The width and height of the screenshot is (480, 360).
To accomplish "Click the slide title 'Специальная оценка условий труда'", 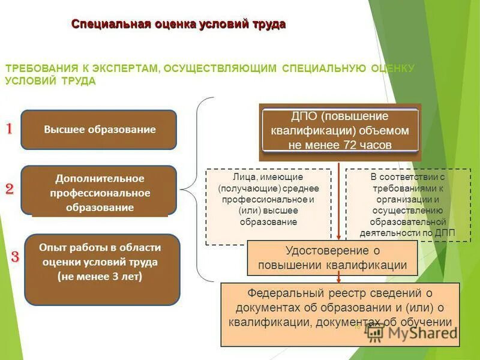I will pyautogui.click(x=178, y=24).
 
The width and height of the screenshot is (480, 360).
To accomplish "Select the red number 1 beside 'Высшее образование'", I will pyautogui.click(x=10, y=129).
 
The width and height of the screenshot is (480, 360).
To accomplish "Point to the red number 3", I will pyautogui.click(x=16, y=257).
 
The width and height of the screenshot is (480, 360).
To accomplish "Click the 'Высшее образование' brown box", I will pyautogui.click(x=99, y=130).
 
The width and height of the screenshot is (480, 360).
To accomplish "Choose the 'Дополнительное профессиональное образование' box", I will pyautogui.click(x=99, y=191).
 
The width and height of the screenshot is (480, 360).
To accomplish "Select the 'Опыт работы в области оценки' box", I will pyautogui.click(x=102, y=269).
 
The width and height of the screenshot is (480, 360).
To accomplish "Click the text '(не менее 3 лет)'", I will pyautogui.click(x=100, y=277).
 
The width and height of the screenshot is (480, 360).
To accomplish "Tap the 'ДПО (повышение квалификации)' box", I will pyautogui.click(x=340, y=130).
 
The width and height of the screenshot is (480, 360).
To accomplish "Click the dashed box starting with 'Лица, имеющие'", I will pyautogui.click(x=268, y=206).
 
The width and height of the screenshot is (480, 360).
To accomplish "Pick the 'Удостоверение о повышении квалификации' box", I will pyautogui.click(x=332, y=257).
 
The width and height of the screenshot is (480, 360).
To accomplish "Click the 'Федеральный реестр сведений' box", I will pyautogui.click(x=340, y=314).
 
